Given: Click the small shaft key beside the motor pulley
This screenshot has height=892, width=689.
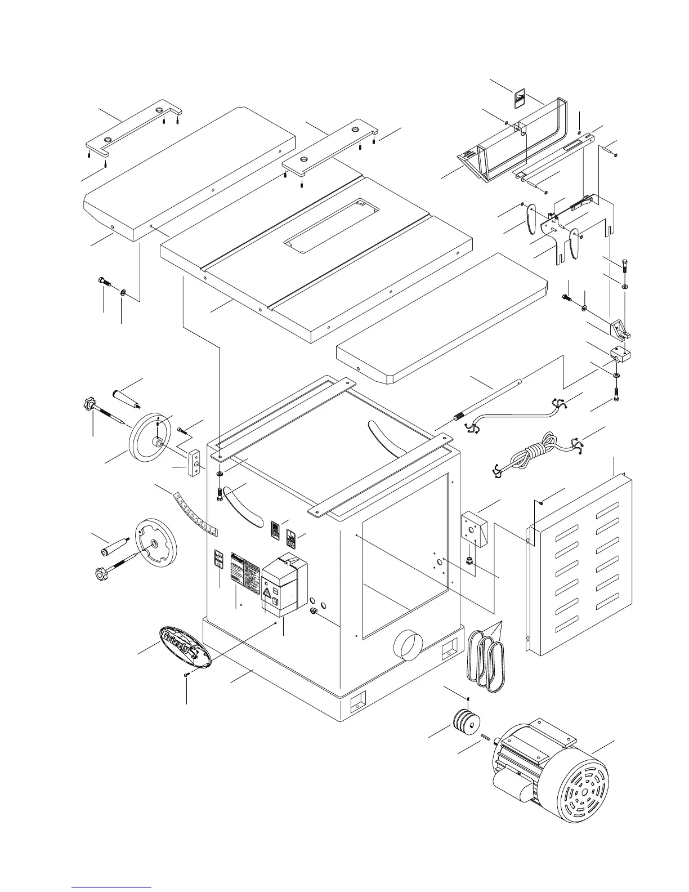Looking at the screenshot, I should click(x=485, y=738).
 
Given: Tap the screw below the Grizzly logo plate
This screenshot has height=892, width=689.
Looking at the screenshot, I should click(x=186, y=674).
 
